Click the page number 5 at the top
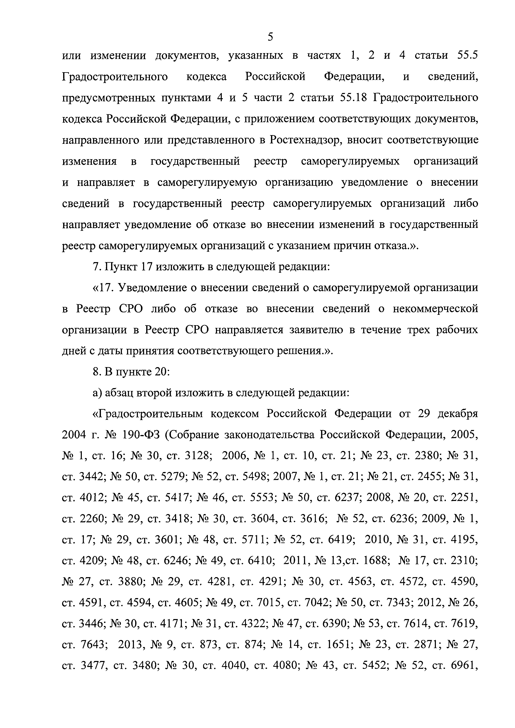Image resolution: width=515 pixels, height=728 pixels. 270,37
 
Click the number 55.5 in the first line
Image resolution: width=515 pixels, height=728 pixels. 467,55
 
